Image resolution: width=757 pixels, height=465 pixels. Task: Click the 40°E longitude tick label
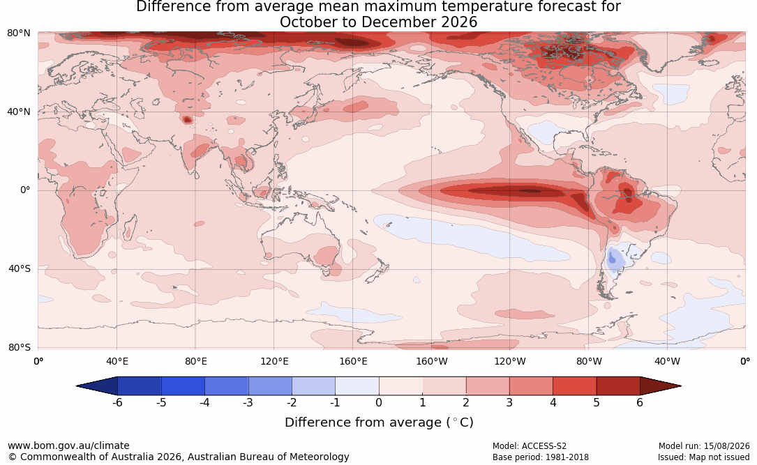[117, 361]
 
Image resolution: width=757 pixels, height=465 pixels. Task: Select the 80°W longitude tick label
[589, 361]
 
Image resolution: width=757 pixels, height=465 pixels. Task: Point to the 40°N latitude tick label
[19, 112]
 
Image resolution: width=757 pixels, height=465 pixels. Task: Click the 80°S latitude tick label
[19, 347]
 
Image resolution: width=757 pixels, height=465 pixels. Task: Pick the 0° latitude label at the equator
[25, 190]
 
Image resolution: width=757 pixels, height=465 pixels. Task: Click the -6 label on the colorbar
[117, 402]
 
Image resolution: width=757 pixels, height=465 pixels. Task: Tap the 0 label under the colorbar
[379, 402]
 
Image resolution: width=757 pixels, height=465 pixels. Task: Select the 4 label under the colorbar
[553, 402]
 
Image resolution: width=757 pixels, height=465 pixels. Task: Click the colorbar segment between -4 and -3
[227, 386]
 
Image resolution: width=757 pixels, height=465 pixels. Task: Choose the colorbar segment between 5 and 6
[618, 386]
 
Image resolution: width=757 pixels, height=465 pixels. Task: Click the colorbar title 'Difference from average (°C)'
[379, 422]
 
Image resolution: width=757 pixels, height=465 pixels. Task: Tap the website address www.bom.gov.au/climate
[68, 445]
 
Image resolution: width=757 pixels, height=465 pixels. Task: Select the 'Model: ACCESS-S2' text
[530, 445]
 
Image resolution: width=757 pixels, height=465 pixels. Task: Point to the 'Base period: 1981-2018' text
[541, 457]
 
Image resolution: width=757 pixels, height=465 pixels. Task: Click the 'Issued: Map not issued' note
[703, 457]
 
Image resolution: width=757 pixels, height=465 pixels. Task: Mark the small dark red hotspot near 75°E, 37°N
[187, 120]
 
